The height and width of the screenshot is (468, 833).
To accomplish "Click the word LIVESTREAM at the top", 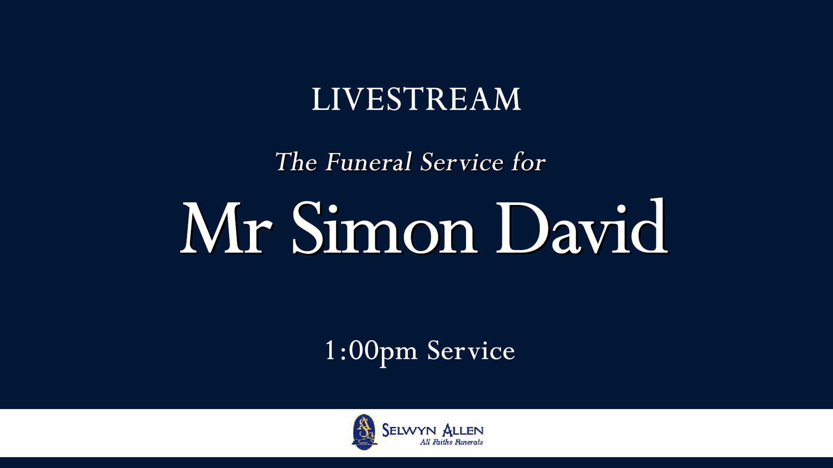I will tap(416, 99).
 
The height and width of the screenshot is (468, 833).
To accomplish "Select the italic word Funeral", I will tap(368, 162).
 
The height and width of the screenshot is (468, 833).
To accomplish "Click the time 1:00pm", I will tap(371, 351).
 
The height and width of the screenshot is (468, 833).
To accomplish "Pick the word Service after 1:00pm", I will tap(471, 351).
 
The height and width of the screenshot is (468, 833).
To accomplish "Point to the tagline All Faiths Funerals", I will tap(451, 442).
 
